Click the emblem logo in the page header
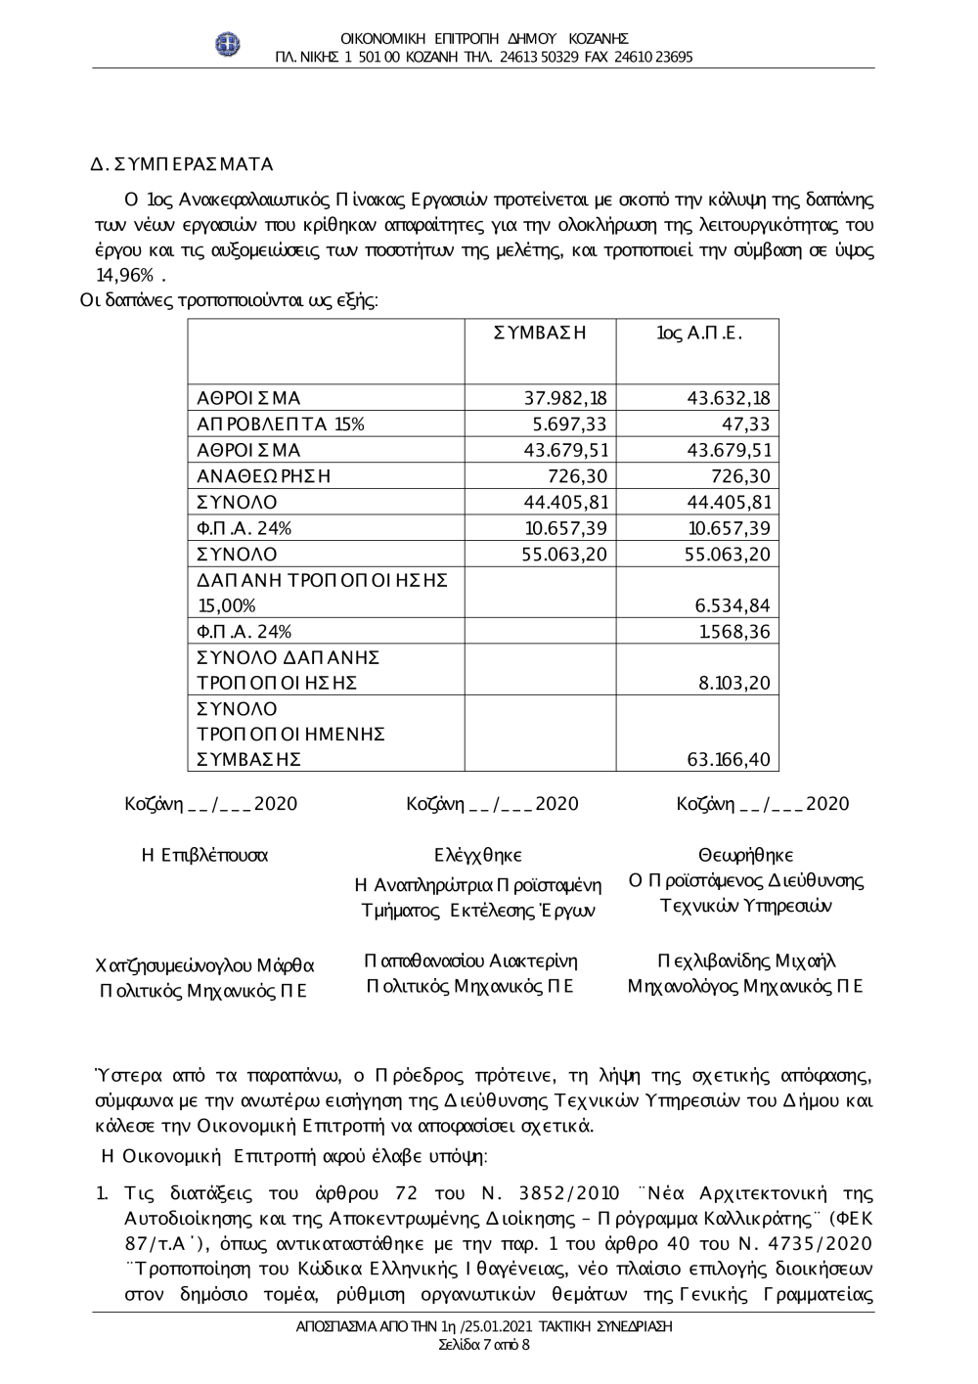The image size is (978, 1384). (x=228, y=43)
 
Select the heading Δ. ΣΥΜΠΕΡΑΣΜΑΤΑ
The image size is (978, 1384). (x=182, y=163)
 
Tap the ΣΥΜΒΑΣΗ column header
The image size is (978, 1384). (x=540, y=333)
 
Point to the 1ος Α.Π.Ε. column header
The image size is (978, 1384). (x=699, y=333)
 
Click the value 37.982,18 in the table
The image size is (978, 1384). (x=565, y=398)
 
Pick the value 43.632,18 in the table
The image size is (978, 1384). (x=729, y=398)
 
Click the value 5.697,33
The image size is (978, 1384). (x=569, y=424)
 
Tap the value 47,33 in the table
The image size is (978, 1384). (x=748, y=424)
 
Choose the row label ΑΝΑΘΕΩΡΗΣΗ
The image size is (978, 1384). (x=264, y=476)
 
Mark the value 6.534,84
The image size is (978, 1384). (x=733, y=605)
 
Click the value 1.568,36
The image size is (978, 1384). (x=734, y=632)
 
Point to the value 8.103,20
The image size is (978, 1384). (x=734, y=683)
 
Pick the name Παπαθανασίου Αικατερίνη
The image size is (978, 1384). (x=470, y=960)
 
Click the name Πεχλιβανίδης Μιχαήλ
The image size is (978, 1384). (x=746, y=960)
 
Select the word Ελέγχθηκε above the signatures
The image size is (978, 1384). (x=478, y=856)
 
